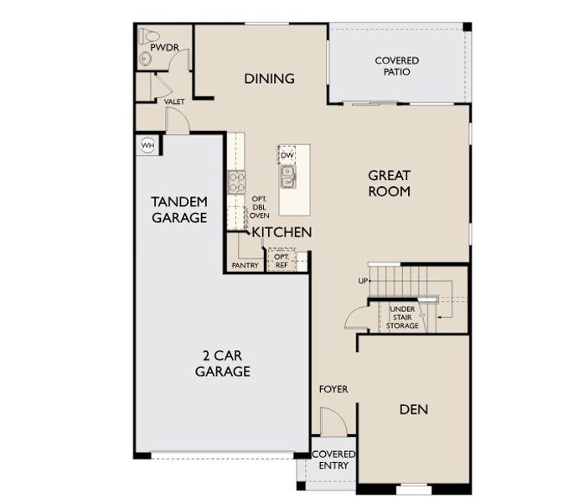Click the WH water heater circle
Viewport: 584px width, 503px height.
pos(148,145)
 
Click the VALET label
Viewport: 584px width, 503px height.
pos(174,101)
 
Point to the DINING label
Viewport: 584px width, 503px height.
pos(269,79)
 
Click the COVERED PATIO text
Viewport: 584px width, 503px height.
pos(396,67)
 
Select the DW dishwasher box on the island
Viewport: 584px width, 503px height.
pos(287,155)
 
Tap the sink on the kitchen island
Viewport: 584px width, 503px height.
pos(287,176)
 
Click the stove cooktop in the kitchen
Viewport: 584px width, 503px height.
pos(236,181)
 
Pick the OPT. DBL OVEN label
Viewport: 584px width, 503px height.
pos(260,207)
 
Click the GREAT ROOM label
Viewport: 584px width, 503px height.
pos(390,183)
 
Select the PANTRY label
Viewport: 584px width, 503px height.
pos(245,266)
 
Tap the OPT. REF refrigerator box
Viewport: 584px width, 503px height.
pos(282,261)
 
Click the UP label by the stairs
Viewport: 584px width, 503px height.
pos(364,280)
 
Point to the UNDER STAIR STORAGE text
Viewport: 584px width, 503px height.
pos(403,318)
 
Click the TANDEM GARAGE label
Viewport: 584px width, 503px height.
pos(179,210)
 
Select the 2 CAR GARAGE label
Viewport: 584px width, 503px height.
pos(223,363)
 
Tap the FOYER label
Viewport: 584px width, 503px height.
pos(333,390)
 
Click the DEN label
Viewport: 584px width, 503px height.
pos(414,409)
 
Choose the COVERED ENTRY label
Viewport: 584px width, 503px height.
pos(333,459)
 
